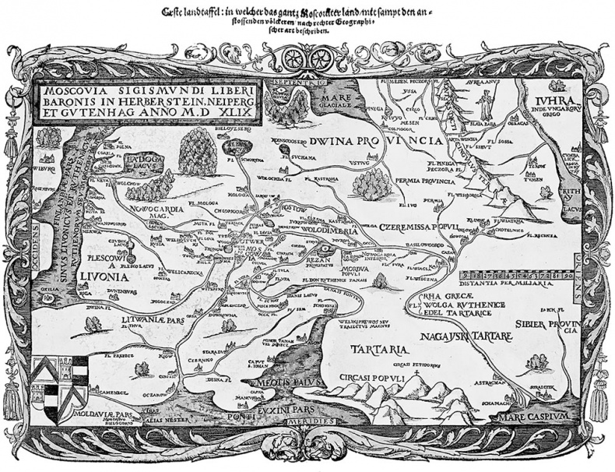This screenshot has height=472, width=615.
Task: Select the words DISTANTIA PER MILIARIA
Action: click(x=515, y=286)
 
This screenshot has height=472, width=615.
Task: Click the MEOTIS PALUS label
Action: click(x=269, y=381)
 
